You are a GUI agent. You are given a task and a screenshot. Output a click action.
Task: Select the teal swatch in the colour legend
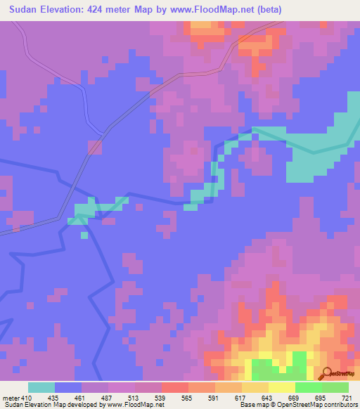click(41, 387)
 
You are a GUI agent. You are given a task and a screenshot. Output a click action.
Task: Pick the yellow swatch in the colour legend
click(281, 387)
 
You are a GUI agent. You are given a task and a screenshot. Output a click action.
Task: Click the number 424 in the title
click(110, 9)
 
